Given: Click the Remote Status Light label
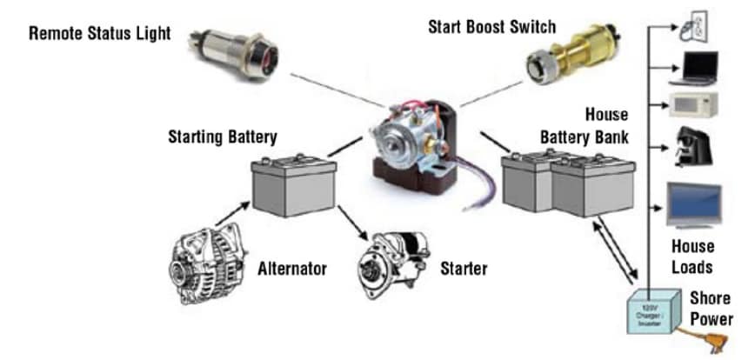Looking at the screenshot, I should pyautogui.click(x=100, y=34).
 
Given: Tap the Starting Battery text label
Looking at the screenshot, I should pyautogui.click(x=222, y=137).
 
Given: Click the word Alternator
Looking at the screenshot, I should pyautogui.click(x=292, y=269).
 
